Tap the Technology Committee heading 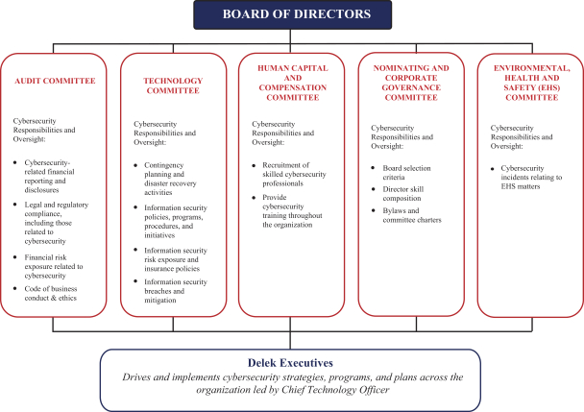click(x=173, y=85)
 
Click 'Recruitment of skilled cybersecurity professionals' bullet click(x=298, y=175)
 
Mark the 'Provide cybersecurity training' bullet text click(x=299, y=208)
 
